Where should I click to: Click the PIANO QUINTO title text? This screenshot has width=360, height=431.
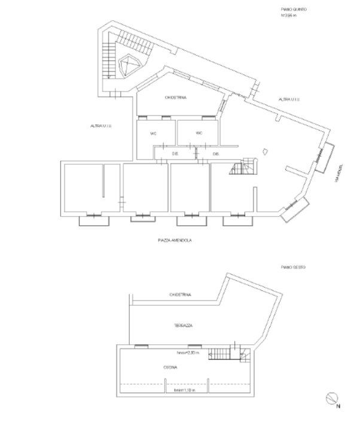pos(294,10)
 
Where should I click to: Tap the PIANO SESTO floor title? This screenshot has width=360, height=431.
pos(293,267)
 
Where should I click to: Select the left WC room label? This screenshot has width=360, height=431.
pos(153,133)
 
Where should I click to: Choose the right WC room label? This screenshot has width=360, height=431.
pos(199,133)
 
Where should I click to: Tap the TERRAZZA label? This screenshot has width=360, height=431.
pos(182,325)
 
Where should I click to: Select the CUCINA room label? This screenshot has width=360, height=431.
pos(170,367)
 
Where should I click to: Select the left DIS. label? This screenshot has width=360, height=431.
pos(175,154)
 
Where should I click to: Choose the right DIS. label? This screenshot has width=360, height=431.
pos(216,154)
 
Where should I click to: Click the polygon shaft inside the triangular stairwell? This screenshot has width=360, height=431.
pos(128,65)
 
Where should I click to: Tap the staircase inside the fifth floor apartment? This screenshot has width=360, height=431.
pos(242,166)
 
